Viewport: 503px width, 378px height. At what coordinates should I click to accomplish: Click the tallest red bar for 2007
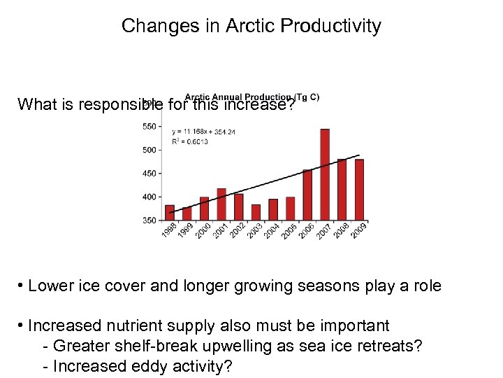(325, 175)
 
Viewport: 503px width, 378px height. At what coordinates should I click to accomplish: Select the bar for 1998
(170, 213)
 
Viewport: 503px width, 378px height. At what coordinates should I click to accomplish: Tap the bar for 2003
(256, 212)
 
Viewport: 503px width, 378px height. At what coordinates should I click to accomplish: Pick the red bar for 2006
(307, 195)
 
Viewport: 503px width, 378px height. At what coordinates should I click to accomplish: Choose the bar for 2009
(359, 190)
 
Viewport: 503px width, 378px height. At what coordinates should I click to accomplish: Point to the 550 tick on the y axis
(150, 126)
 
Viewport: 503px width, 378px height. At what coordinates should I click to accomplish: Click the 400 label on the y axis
(150, 197)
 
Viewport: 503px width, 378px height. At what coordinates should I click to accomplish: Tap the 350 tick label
(150, 220)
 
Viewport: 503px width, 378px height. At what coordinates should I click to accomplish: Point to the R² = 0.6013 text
(189, 141)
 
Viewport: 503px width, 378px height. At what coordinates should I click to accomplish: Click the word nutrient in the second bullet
(137, 325)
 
